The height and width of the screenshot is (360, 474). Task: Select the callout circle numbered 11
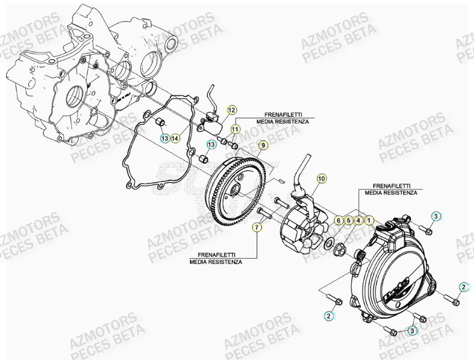tap(235, 129)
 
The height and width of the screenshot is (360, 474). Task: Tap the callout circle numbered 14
tap(175, 138)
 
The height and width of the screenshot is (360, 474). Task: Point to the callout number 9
tap(263, 146)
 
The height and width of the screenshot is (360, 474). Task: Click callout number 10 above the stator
tap(322, 178)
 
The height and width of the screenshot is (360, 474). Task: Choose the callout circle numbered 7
tap(256, 227)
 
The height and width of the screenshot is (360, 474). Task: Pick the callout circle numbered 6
tap(338, 220)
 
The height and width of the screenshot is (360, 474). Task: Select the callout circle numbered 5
tap(348, 220)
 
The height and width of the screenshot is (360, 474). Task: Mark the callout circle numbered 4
tap(358, 220)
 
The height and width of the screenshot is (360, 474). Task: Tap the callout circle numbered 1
tap(368, 220)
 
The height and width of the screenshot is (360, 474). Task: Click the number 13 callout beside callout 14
tap(164, 138)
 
